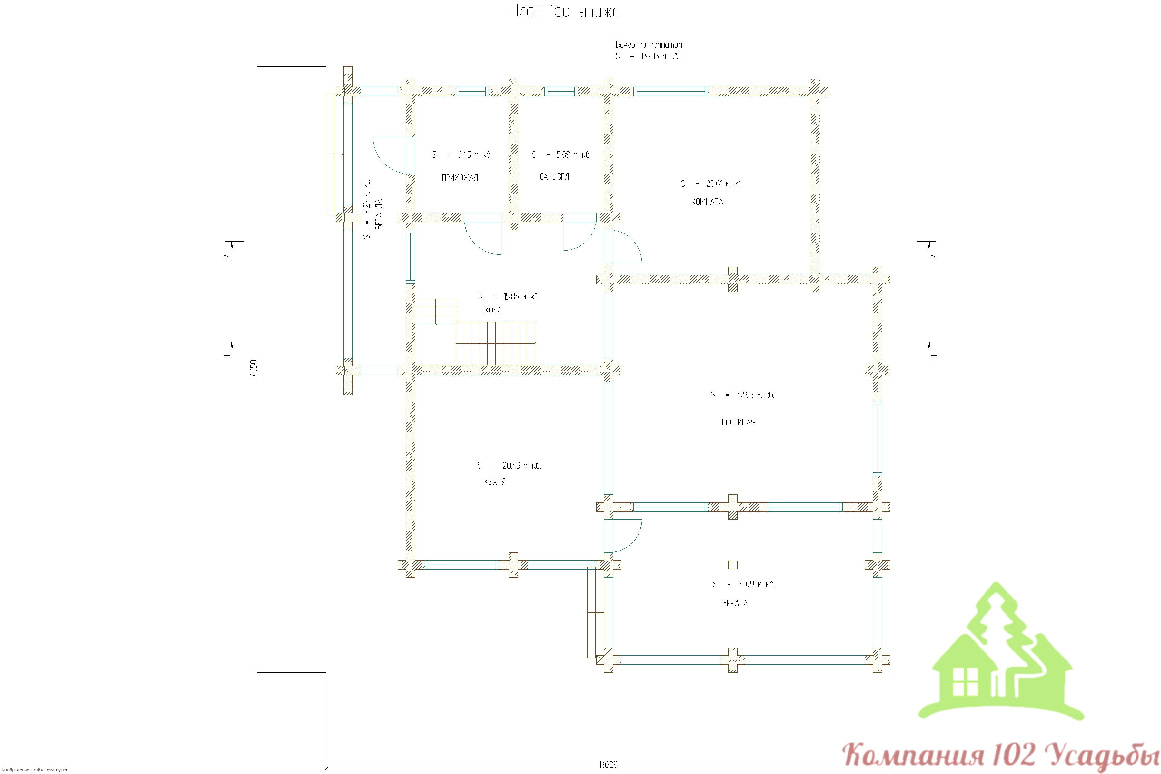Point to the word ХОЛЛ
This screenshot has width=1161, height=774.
[x=493, y=310]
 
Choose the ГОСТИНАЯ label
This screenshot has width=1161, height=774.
[x=738, y=422]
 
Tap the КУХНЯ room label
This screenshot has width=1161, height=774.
[x=495, y=482]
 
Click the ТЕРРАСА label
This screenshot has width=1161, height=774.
[x=733, y=603]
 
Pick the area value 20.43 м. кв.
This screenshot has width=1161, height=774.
[x=521, y=465]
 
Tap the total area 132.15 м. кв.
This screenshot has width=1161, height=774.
[x=660, y=56]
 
